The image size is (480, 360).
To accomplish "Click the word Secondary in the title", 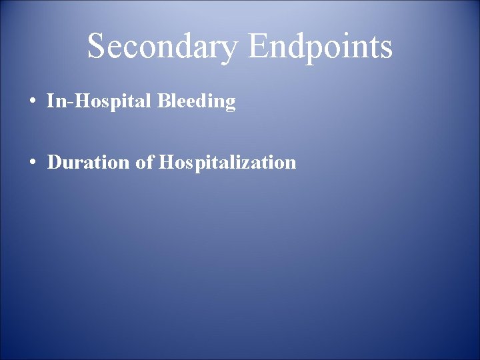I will [x=162, y=47].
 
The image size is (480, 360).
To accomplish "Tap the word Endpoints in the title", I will [x=320, y=47].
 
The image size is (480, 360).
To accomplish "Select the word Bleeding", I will [x=197, y=102].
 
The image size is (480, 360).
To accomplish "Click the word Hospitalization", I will [x=227, y=163].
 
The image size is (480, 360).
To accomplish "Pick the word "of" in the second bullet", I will [x=145, y=162].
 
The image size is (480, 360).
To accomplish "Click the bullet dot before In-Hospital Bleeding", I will [x=33, y=102].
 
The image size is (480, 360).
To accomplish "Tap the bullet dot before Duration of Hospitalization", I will [x=33, y=163].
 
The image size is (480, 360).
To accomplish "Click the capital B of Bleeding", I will [x=164, y=101].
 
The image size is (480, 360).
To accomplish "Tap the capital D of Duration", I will [x=55, y=162].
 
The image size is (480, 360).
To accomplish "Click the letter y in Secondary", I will [x=229, y=51].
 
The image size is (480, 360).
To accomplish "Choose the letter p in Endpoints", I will [x=311, y=51].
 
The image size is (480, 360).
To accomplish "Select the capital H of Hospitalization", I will [x=166, y=162].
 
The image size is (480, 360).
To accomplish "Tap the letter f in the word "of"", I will [x=150, y=161].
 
